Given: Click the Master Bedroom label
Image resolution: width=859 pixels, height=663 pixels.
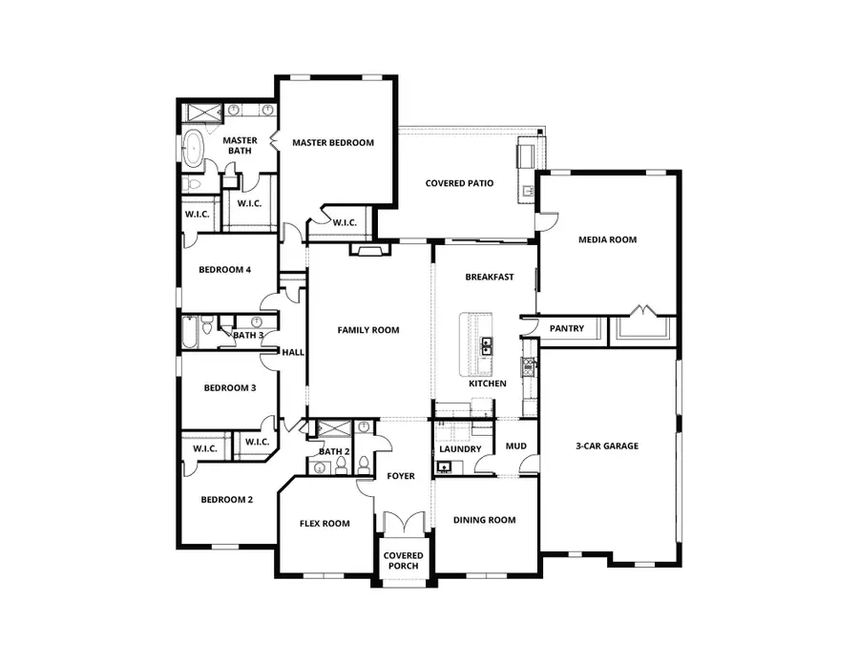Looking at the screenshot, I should click(333, 143).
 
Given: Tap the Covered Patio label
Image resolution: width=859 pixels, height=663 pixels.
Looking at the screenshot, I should click(459, 183).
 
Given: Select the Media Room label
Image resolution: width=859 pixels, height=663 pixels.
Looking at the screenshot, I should click(607, 239).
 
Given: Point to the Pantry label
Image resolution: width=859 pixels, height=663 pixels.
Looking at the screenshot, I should click(567, 329).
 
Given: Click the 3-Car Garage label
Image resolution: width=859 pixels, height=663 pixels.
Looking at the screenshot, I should click(607, 445).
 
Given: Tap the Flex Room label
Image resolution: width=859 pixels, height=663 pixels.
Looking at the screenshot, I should click(325, 523).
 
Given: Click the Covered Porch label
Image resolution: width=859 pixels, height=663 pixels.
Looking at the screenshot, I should click(403, 561).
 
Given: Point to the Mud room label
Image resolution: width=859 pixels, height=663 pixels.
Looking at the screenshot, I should click(516, 445).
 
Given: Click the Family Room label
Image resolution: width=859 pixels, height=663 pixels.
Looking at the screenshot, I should click(368, 330).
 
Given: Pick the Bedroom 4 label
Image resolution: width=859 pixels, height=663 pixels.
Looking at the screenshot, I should click(224, 270).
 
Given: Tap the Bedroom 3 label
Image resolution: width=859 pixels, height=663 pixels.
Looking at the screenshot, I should click(227, 387).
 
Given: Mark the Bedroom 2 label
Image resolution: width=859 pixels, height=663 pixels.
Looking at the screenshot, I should click(226, 499).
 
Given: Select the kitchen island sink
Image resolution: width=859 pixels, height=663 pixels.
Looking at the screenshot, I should click(486, 345).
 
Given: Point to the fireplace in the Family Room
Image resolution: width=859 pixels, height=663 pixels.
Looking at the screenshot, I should click(370, 250).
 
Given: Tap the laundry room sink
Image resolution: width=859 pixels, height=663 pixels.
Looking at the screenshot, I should click(444, 467).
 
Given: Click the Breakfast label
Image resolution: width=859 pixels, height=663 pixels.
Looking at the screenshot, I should click(490, 278).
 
